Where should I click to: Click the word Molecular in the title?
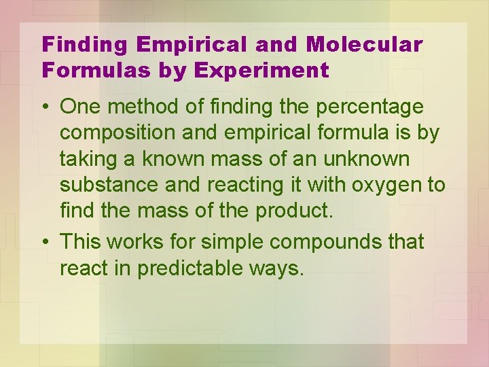pyautogui.click(x=365, y=46)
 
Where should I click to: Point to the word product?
pyautogui.click(x=294, y=211)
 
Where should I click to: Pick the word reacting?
pyautogui.click(x=248, y=185)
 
